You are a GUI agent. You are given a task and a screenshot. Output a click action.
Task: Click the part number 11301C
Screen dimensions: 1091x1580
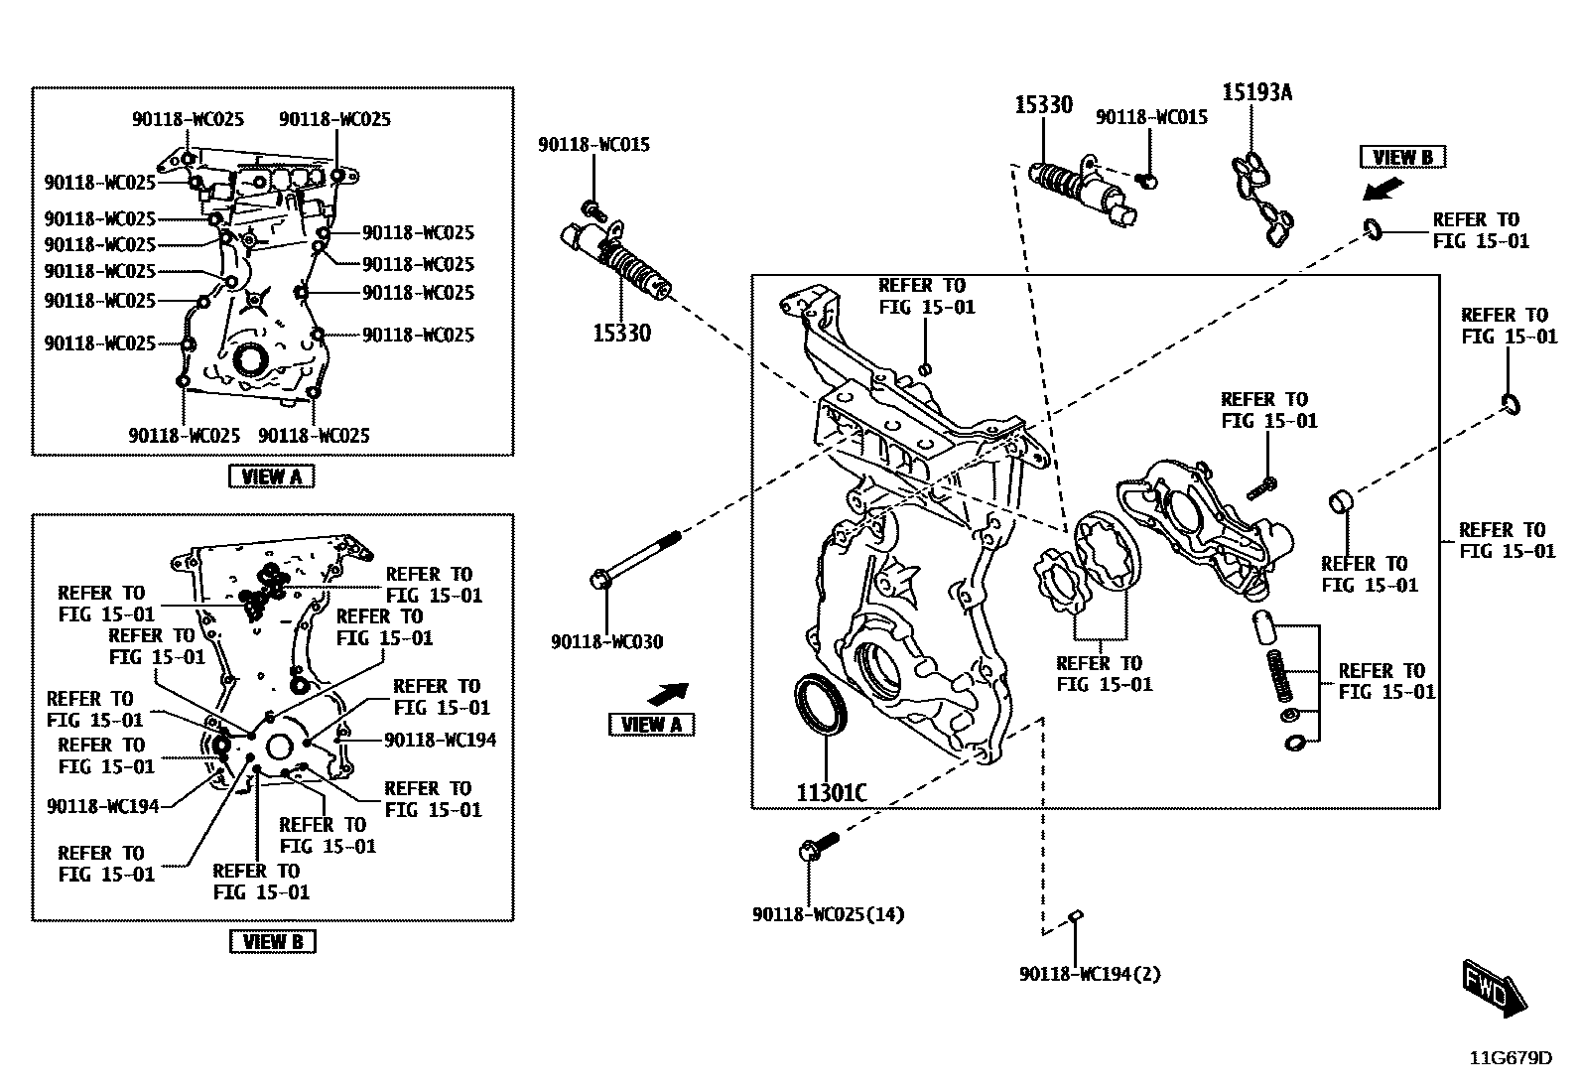pyautogui.click(x=832, y=792)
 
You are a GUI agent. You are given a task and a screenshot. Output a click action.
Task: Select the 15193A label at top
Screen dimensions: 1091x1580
pyautogui.click(x=1256, y=92)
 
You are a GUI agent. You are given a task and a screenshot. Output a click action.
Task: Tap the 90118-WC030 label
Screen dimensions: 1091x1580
pyautogui.click(x=607, y=642)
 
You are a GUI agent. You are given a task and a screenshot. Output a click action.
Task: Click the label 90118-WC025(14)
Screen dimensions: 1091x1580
pyautogui.click(x=829, y=914)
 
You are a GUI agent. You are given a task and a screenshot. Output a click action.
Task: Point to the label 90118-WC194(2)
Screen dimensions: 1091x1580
pyautogui.click(x=1090, y=974)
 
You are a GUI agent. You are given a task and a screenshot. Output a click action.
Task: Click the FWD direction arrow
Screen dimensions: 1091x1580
pyautogui.click(x=1495, y=989)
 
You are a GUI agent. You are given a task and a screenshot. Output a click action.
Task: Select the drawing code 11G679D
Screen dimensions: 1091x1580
pyautogui.click(x=1511, y=1058)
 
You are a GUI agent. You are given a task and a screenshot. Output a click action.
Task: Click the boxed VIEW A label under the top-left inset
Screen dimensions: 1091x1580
pyautogui.click(x=271, y=477)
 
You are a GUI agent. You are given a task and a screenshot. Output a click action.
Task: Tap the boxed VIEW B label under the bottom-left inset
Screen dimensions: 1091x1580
pyautogui.click(x=272, y=941)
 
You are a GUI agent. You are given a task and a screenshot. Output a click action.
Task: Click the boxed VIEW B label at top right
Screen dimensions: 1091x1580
pyautogui.click(x=1401, y=157)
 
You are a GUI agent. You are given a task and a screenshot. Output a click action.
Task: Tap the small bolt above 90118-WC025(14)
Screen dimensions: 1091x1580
pyautogui.click(x=817, y=847)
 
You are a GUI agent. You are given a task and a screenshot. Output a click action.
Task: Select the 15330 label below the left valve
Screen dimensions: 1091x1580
pyautogui.click(x=621, y=334)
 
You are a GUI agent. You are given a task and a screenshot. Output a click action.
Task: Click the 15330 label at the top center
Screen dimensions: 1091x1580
pyautogui.click(x=1043, y=104)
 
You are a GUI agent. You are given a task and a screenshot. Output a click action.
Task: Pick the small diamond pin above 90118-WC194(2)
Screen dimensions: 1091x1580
pyautogui.click(x=1076, y=915)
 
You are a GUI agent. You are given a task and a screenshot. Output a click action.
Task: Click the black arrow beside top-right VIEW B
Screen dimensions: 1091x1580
pyautogui.click(x=1381, y=188)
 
